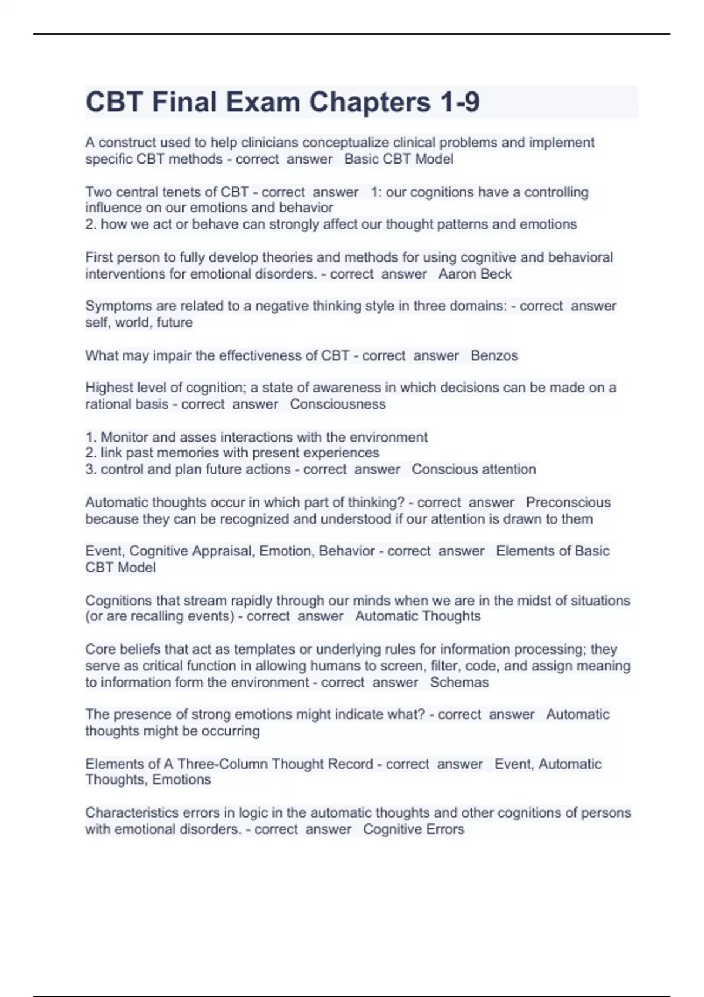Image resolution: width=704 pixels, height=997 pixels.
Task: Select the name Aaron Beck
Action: tap(475, 274)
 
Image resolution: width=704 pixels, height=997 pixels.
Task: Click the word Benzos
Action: tap(494, 355)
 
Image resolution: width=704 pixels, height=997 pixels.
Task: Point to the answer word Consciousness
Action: tap(337, 404)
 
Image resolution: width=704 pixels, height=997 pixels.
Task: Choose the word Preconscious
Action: tap(568, 502)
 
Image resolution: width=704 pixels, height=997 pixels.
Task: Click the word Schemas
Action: tap(459, 682)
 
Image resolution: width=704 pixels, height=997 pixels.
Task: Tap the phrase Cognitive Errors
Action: tap(413, 829)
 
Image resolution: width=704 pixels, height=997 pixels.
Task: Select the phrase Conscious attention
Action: tap(473, 469)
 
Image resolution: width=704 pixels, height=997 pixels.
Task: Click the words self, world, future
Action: tap(139, 323)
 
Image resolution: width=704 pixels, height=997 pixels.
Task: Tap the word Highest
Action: tap(108, 388)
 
